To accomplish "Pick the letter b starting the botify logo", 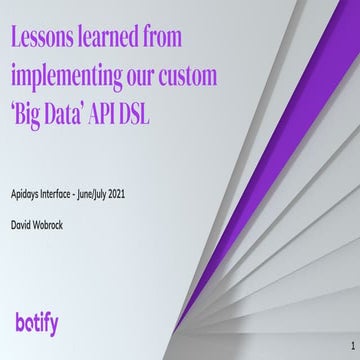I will click(x=22, y=321).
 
